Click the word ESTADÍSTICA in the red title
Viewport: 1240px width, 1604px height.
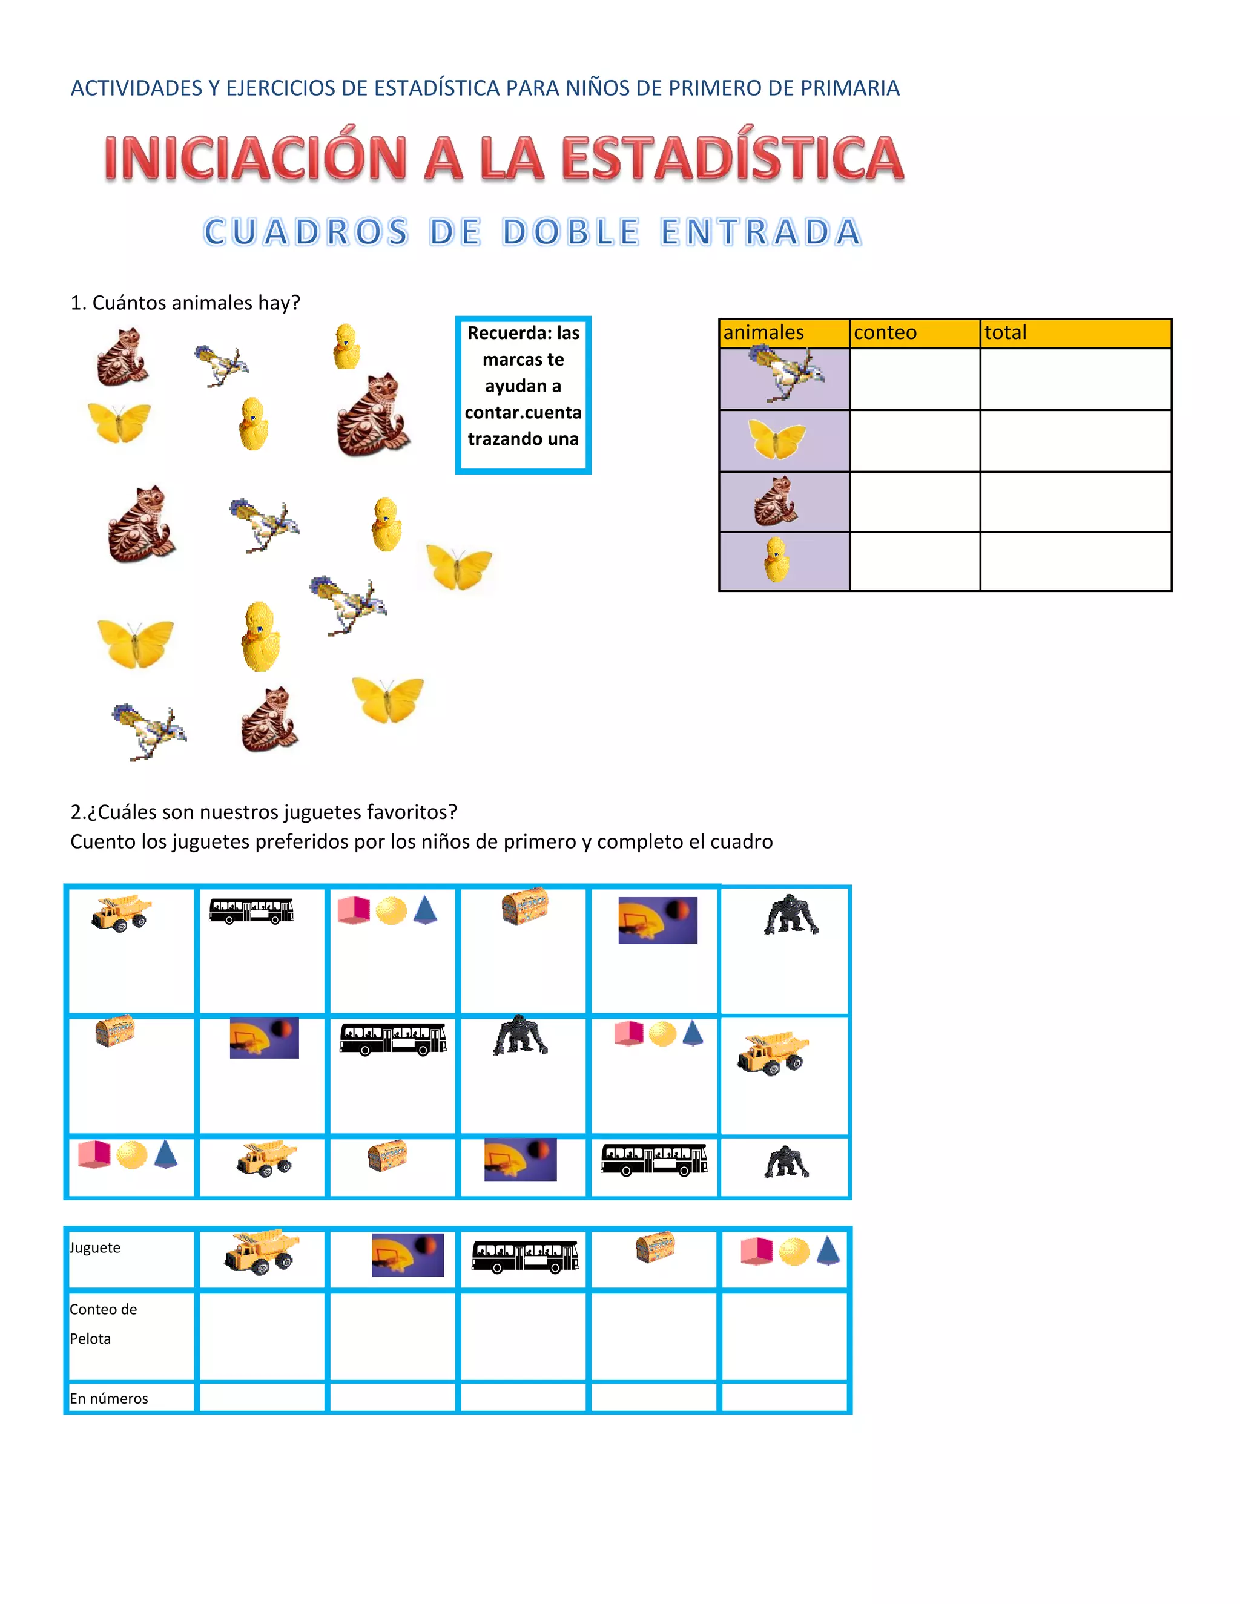click(x=733, y=158)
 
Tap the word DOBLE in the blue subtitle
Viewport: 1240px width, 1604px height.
click(x=571, y=232)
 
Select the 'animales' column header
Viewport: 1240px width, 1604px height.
click(x=763, y=333)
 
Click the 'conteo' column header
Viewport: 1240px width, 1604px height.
click(x=885, y=333)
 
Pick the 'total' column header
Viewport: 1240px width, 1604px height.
click(x=1005, y=333)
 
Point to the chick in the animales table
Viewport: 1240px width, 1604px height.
click(x=776, y=560)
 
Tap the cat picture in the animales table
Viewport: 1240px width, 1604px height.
click(x=776, y=502)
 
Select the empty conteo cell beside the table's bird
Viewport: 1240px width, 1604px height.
click(x=915, y=379)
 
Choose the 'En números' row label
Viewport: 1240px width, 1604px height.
click(x=109, y=1398)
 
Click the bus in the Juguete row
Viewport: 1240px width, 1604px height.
click(x=524, y=1256)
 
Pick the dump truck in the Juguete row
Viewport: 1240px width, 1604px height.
click(x=262, y=1252)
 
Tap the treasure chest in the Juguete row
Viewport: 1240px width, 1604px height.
click(x=655, y=1247)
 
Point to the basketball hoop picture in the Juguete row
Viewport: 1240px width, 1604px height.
click(x=407, y=1254)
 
